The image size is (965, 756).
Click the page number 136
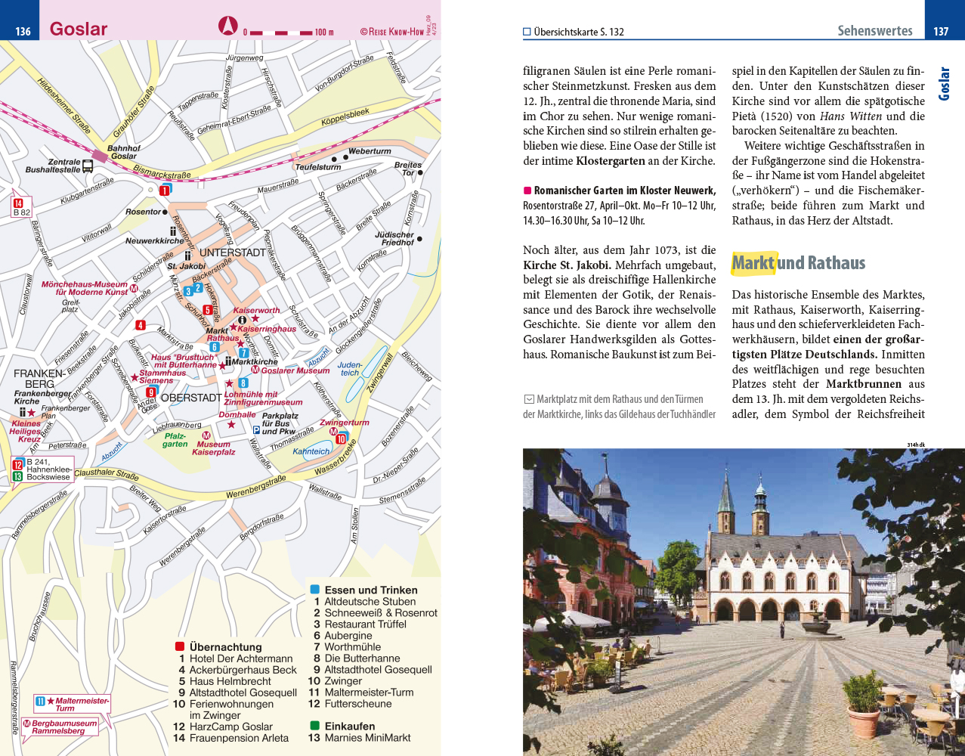tap(23, 32)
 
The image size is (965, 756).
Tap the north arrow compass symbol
tap(227, 26)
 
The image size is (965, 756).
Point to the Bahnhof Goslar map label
tap(124, 152)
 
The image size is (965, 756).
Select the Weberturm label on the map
tap(370, 151)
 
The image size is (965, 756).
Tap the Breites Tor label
tap(408, 169)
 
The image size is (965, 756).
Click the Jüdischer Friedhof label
tap(394, 239)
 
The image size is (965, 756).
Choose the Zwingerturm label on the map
tap(344, 423)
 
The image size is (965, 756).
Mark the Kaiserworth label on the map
tap(256, 310)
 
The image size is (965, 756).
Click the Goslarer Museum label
tap(295, 370)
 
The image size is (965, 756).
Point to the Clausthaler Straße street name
tap(106, 475)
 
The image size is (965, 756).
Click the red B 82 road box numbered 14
tap(20, 208)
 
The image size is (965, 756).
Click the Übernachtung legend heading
tap(225, 647)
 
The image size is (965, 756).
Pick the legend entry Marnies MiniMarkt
tap(367, 738)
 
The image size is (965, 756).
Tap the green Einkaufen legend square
tap(314, 726)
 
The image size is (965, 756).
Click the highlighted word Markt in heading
tap(753, 263)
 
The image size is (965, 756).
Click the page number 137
tap(941, 32)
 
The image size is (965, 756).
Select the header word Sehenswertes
tap(874, 31)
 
